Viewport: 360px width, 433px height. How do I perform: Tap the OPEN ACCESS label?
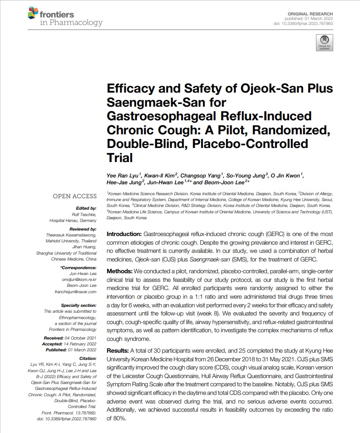click(75, 196)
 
